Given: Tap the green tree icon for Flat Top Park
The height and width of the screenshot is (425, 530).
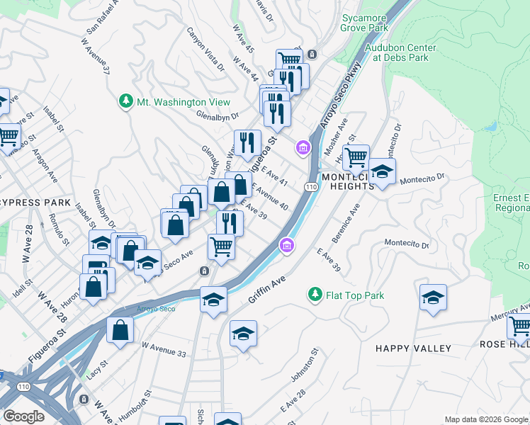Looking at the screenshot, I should (315, 293).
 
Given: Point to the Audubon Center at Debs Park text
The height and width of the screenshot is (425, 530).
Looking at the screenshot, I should (400, 52).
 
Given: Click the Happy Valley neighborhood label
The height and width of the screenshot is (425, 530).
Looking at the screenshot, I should (413, 348).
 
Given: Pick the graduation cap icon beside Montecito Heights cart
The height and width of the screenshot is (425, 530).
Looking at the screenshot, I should (382, 171).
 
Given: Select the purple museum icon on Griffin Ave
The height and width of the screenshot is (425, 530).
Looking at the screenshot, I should (286, 245).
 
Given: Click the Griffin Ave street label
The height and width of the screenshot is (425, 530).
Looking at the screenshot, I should (266, 290).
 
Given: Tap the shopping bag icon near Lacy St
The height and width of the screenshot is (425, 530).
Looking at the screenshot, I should (120, 329).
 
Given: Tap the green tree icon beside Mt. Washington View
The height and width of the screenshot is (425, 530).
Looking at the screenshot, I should (126, 102).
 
